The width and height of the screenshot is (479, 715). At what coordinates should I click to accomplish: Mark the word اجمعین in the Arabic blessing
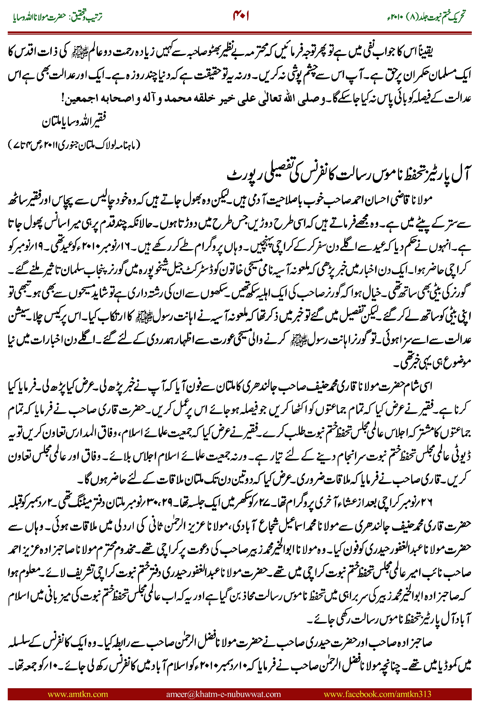coord(81,99)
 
